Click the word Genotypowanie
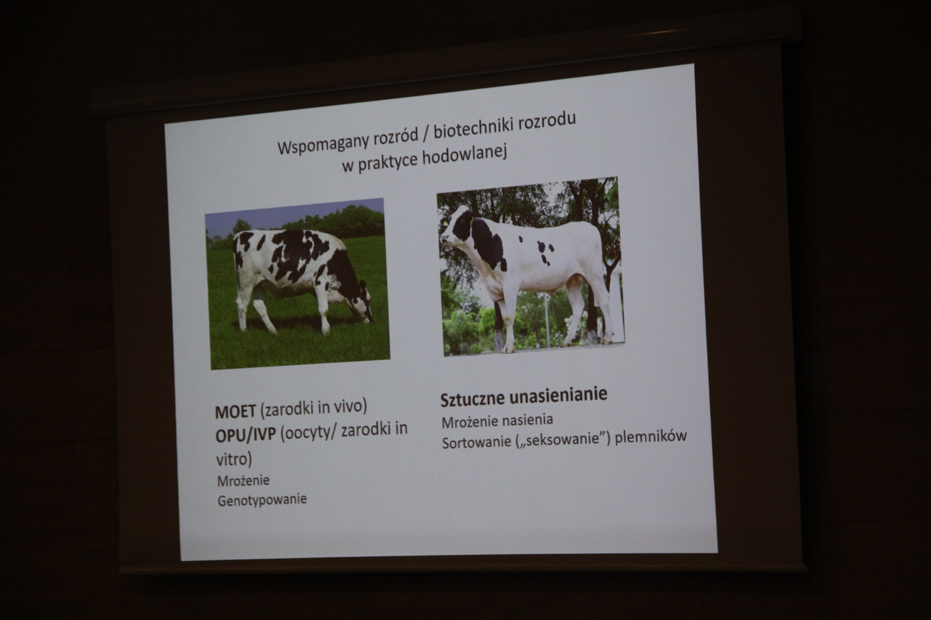[262, 500]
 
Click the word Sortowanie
[476, 442]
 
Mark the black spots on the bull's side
[544, 251]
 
